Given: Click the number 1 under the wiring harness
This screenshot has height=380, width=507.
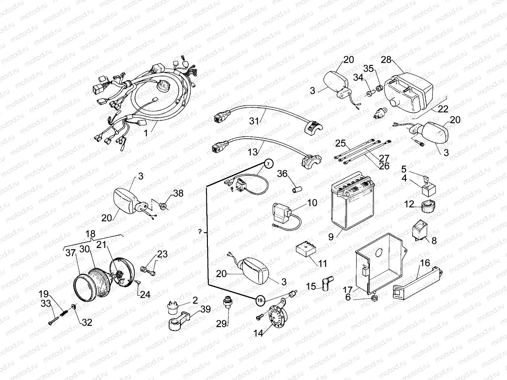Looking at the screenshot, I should point(146,133).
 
